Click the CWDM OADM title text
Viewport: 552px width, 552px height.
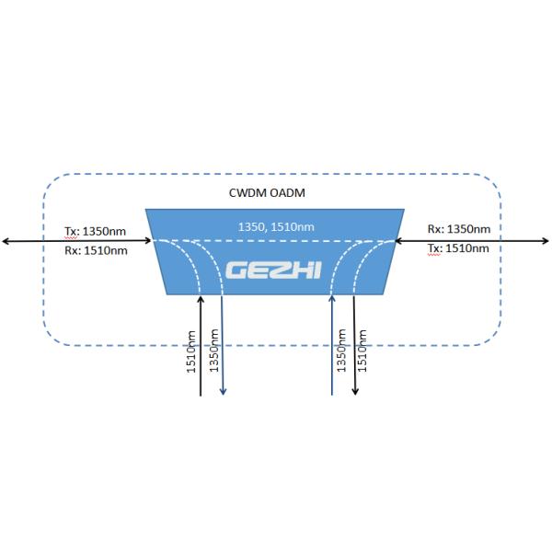pos(267,193)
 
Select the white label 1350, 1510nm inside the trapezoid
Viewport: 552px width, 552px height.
pos(276,226)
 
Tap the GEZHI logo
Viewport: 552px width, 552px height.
pos(273,270)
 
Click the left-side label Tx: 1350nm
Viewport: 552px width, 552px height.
pos(95,231)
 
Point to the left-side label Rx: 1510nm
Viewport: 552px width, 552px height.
pos(96,250)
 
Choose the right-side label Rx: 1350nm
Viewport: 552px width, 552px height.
pos(459,229)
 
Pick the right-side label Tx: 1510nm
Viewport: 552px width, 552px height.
pos(458,248)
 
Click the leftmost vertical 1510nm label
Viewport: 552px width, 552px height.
pos(190,351)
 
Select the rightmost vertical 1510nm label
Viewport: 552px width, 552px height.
pos(362,351)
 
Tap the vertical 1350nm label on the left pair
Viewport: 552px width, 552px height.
pos(213,351)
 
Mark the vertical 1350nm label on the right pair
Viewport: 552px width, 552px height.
pos(341,351)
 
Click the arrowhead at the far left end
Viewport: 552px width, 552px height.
pos(5,241)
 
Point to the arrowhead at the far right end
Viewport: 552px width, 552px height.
pos(546,241)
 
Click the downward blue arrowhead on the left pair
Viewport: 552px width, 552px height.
pos(223,392)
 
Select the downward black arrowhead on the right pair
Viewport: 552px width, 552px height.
pos(355,391)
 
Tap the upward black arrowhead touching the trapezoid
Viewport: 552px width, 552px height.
pos(201,300)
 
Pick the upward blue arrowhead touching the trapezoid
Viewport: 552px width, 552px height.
pos(332,299)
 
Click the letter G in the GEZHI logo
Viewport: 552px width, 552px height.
pos(236,270)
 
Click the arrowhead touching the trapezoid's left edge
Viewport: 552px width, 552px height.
pos(148,241)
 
